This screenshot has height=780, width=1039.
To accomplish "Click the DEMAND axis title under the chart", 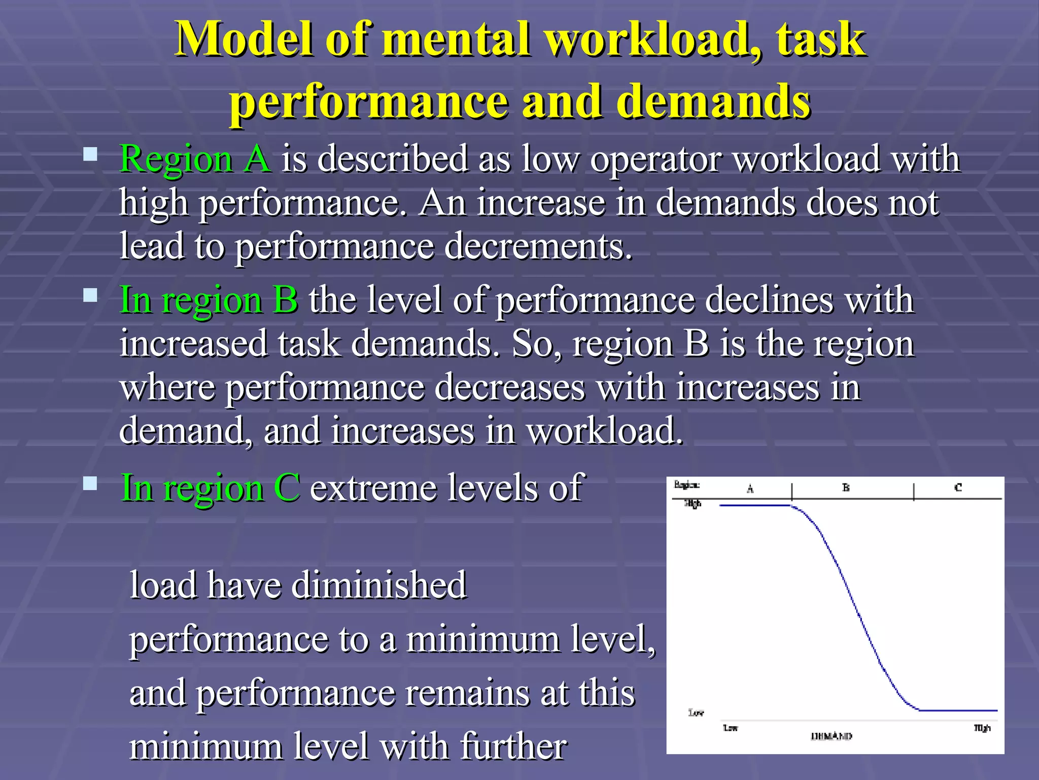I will click(x=832, y=736).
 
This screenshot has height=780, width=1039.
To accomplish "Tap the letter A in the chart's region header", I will click(x=750, y=489).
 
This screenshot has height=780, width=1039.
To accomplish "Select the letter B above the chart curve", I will click(x=846, y=487).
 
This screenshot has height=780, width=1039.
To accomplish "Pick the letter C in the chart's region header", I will click(x=958, y=487).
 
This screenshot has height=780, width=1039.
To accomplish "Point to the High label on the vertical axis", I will click(x=693, y=503).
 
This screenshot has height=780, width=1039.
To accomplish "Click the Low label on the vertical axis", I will click(x=696, y=712).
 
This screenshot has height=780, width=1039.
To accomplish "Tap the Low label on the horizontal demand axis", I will click(x=731, y=728).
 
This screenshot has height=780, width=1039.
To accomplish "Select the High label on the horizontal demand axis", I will click(x=982, y=728).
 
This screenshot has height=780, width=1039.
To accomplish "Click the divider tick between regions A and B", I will click(x=792, y=492).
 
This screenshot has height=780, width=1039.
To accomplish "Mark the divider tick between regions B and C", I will click(x=914, y=492).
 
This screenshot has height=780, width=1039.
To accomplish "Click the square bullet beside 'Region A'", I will click(x=90, y=154).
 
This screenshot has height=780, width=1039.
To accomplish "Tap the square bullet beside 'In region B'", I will click(x=90, y=296).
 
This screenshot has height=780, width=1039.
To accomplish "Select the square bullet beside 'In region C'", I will click(x=90, y=483).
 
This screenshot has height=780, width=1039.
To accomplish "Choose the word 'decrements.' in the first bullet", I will click(x=538, y=246).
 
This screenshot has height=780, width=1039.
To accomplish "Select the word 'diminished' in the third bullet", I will click(x=379, y=585).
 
